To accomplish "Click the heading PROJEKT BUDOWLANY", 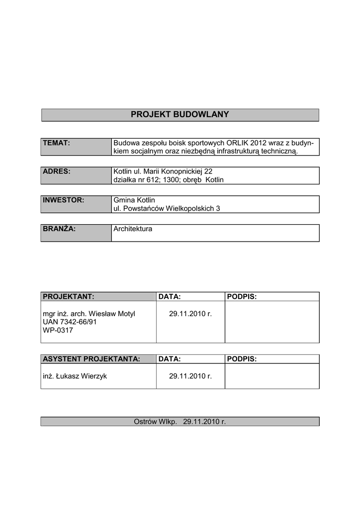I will coord(180,115).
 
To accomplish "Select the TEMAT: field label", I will coord(56,143).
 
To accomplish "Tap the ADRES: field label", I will coord(57,171).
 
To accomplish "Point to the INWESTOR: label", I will coord(63,200).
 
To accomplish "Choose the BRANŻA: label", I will coord(59,229).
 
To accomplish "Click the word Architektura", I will coord(133,229).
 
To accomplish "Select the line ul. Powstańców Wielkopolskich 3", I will coord(167,209).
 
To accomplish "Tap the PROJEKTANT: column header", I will coord(69,297).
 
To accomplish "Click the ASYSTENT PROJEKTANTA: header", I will coord(91,359).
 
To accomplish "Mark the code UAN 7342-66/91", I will coord(70,322).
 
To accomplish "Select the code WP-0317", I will coord(58,330).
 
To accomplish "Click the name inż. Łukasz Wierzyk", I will coord(75,376).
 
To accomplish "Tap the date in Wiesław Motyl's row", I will coord(190,314).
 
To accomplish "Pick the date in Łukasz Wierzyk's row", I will coord(190,376).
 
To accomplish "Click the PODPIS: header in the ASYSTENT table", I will coord(242,359).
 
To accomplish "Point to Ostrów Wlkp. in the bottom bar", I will coord(155,422).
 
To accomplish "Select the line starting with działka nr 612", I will coord(169,180).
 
